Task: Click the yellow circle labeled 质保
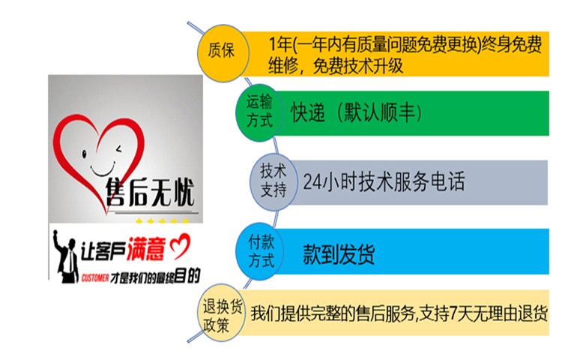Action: click(x=223, y=52)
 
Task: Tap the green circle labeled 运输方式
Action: click(x=259, y=112)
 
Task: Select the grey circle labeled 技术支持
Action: click(x=274, y=182)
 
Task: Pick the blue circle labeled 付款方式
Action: click(x=261, y=251)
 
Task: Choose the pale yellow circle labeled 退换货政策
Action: click(x=222, y=313)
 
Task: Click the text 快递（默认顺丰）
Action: click(x=356, y=113)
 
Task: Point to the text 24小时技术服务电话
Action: click(x=384, y=181)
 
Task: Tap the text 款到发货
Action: click(x=339, y=254)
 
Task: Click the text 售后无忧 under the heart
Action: click(x=151, y=193)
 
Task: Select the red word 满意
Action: click(x=146, y=248)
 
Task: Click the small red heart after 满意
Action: click(x=180, y=246)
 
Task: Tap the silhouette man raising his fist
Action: click(x=66, y=257)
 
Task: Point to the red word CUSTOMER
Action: click(x=95, y=278)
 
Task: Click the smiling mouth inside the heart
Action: click(x=103, y=170)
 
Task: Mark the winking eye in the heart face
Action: click(x=118, y=148)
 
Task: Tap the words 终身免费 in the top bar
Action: click(x=512, y=45)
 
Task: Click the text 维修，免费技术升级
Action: click(x=336, y=65)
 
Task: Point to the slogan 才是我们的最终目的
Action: click(x=155, y=277)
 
